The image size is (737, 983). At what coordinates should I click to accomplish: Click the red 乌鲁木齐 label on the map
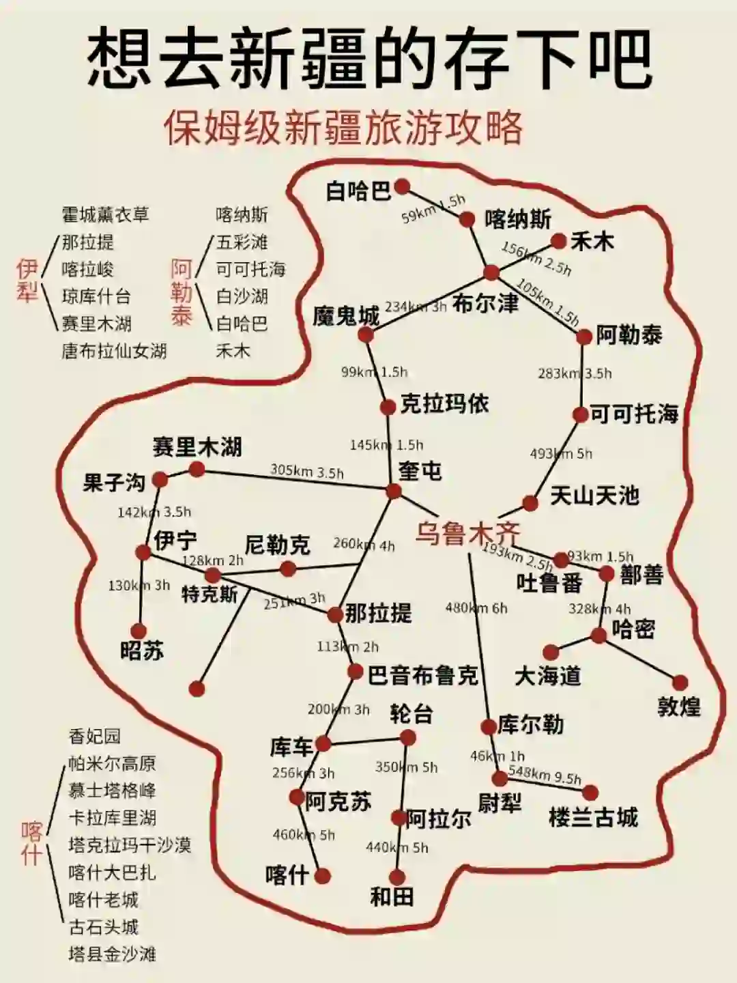tap(467, 533)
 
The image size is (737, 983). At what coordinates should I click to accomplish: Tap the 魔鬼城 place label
tap(345, 316)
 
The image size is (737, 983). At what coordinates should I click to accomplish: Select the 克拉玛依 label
tap(444, 404)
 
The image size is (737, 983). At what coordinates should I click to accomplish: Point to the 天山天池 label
tap(594, 496)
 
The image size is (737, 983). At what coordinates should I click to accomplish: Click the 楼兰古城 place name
tap(593, 817)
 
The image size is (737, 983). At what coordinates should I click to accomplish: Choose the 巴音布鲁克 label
tap(423, 676)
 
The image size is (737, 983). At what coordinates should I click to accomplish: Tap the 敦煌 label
tap(679, 707)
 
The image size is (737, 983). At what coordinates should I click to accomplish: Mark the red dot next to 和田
tap(397, 877)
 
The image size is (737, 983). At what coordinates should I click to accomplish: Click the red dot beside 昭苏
tap(139, 631)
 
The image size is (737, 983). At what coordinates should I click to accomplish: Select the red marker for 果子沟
tap(160, 479)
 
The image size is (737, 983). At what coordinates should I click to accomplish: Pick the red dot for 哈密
tap(598, 636)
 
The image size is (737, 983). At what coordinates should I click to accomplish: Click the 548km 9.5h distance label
tap(545, 775)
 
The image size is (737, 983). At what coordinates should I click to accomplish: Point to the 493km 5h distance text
tap(561, 454)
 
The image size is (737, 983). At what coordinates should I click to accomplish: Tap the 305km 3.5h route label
tap(307, 471)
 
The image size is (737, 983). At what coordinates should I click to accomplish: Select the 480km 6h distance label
tap(476, 608)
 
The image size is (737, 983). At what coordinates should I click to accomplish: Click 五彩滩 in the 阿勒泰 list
tap(242, 242)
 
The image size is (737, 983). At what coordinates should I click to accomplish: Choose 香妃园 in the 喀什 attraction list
tap(95, 736)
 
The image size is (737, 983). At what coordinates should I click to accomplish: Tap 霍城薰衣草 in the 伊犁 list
tap(105, 214)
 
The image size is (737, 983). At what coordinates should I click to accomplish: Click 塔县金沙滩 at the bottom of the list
tap(112, 954)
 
